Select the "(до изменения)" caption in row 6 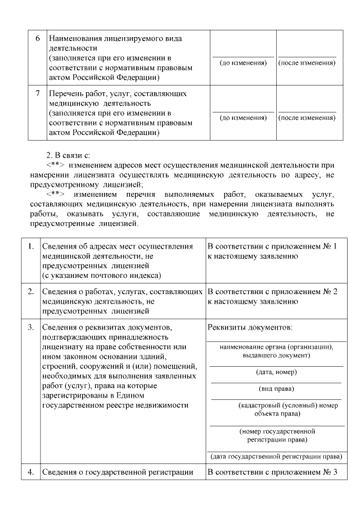coord(242,63)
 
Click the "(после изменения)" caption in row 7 coord(307,118)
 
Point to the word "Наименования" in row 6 coord(75,39)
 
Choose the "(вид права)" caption coord(276,389)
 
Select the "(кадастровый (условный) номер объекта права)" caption coord(276,409)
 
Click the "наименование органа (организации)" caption coord(276,347)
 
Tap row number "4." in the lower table coord(30,472)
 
